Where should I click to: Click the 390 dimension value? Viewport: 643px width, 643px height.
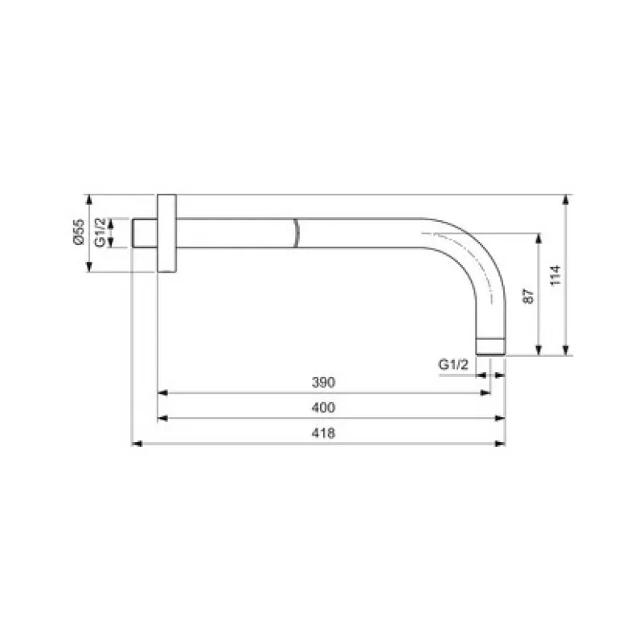pyautogui.click(x=323, y=383)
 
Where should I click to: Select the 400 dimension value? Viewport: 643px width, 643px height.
pyautogui.click(x=323, y=408)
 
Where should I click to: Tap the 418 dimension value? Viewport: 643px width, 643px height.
pyautogui.click(x=323, y=433)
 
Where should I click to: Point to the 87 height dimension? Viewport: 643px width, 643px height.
pyautogui.click(x=529, y=296)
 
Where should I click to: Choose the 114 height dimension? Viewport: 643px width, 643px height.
pyautogui.click(x=555, y=276)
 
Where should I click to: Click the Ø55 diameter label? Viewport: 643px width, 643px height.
pyautogui.click(x=79, y=232)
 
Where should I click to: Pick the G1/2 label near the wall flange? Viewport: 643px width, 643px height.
pyautogui.click(x=100, y=233)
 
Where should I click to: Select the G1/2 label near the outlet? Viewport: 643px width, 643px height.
pyautogui.click(x=453, y=364)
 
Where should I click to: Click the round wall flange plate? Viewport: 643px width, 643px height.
pyautogui.click(x=167, y=233)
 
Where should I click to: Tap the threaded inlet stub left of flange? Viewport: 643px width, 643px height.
pyautogui.click(x=145, y=233)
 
